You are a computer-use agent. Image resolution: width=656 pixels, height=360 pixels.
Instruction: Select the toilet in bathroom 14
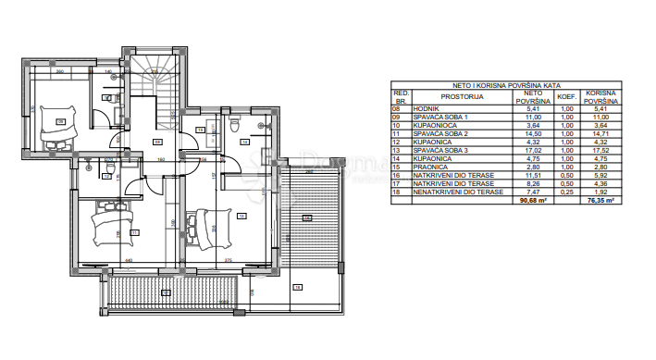(235, 123)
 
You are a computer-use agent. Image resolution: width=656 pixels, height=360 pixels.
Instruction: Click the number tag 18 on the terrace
(297, 288)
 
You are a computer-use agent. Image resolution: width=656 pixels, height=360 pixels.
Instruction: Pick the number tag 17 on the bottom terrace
(167, 293)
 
